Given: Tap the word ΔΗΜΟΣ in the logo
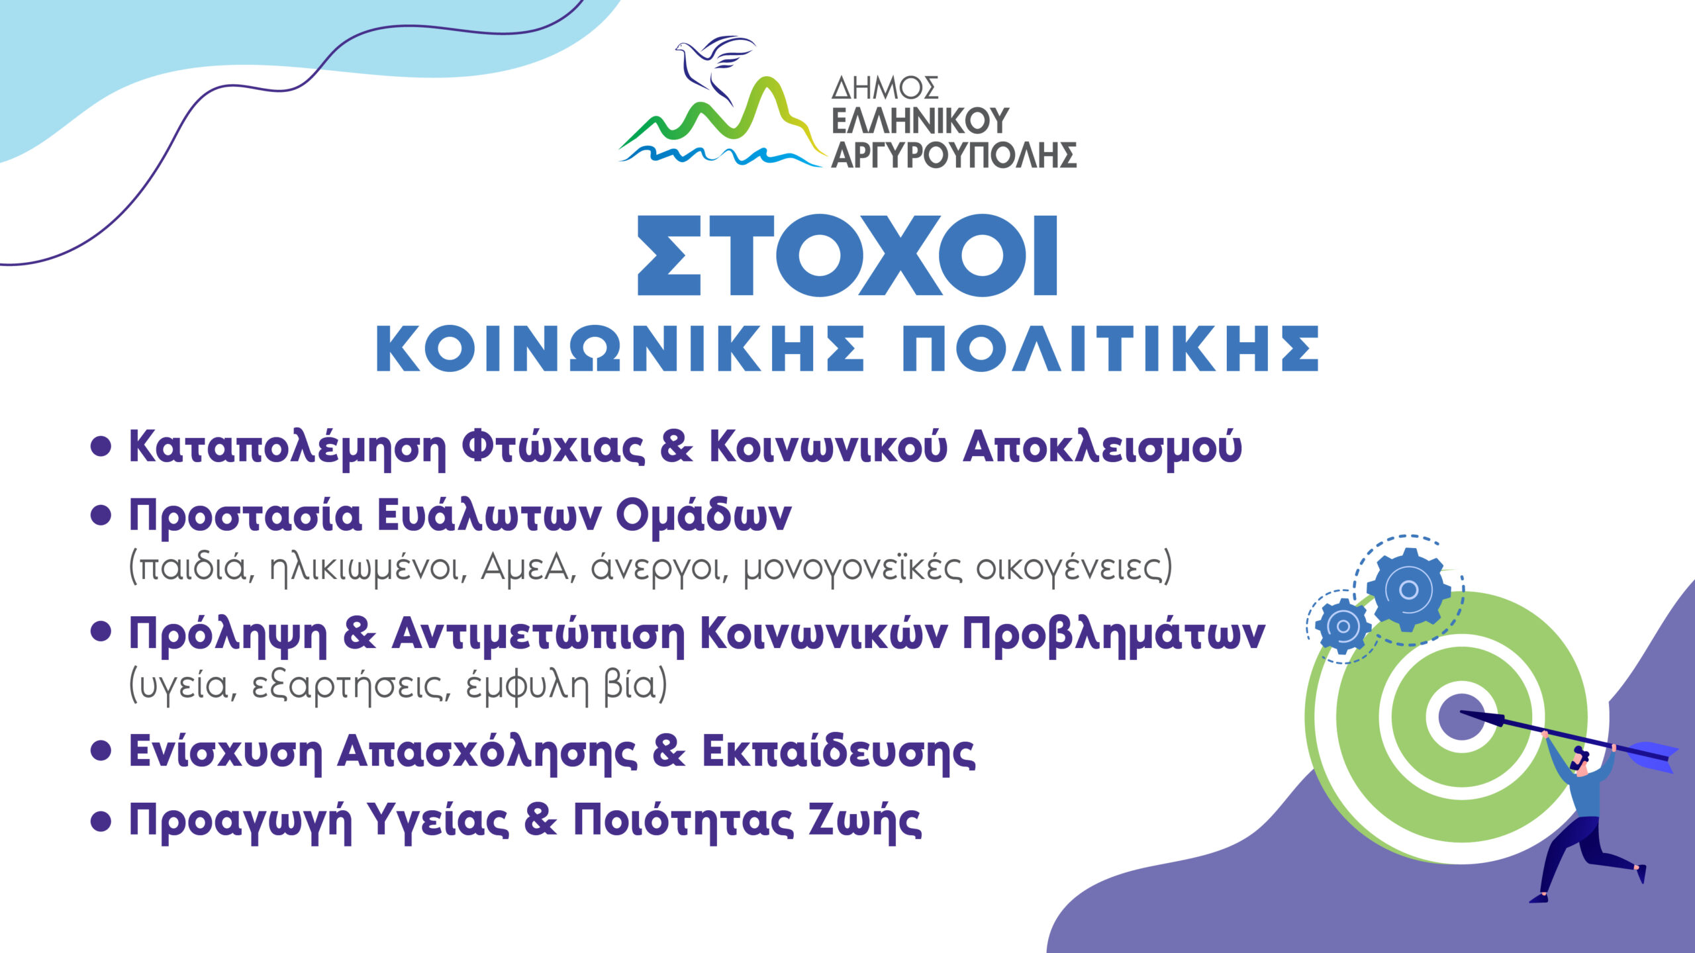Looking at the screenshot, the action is [885, 88].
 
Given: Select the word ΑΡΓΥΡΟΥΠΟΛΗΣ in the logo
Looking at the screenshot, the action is [954, 154].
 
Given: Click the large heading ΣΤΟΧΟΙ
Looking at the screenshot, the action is [847, 255].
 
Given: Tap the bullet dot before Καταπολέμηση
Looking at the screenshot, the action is [101, 447].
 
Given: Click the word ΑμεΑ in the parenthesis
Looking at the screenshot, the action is [524, 567].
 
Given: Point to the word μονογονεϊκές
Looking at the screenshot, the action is [852, 568].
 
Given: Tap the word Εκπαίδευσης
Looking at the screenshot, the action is [838, 751].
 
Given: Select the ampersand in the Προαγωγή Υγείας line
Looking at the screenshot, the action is [540, 820].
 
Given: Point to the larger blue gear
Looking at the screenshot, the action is [1408, 589].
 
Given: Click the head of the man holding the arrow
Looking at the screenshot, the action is [1580, 759].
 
